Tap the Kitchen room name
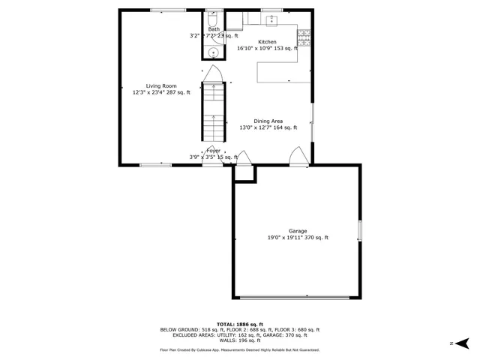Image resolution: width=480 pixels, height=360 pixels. pos(267,42)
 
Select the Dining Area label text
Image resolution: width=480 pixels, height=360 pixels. pos(267,121)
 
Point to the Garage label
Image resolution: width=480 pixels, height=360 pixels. pos(298,231)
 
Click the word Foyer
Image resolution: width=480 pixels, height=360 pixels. pos(214,151)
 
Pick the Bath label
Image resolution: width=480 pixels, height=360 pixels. pos(214,29)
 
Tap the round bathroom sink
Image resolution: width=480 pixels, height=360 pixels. pos(213,52)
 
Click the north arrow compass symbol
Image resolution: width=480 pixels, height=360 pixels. pos(462,343)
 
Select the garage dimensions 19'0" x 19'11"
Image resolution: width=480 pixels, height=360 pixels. pos(298,238)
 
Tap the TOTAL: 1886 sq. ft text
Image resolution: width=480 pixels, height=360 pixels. pos(240,324)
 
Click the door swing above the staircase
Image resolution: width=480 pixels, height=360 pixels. pos(213,73)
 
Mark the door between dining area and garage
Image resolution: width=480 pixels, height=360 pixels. pos(298,155)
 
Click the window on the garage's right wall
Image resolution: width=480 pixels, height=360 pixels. pos(359,230)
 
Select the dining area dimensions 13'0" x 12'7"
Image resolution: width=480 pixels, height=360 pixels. pos(267,127)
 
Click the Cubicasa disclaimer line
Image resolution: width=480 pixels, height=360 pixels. pos(240,349)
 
